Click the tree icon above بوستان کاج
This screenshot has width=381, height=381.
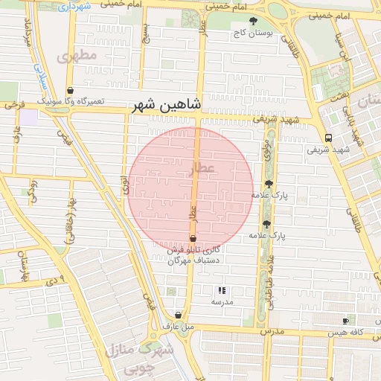click(x=253, y=21)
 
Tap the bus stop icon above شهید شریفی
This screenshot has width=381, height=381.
click(x=327, y=137)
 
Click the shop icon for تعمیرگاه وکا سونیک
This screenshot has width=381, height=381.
click(x=70, y=90)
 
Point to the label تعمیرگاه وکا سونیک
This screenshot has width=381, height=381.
click(x=71, y=101)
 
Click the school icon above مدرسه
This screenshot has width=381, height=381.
click(x=221, y=291)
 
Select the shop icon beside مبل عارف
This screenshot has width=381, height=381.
click(x=177, y=315)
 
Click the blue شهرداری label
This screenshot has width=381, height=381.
click(x=74, y=6)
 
